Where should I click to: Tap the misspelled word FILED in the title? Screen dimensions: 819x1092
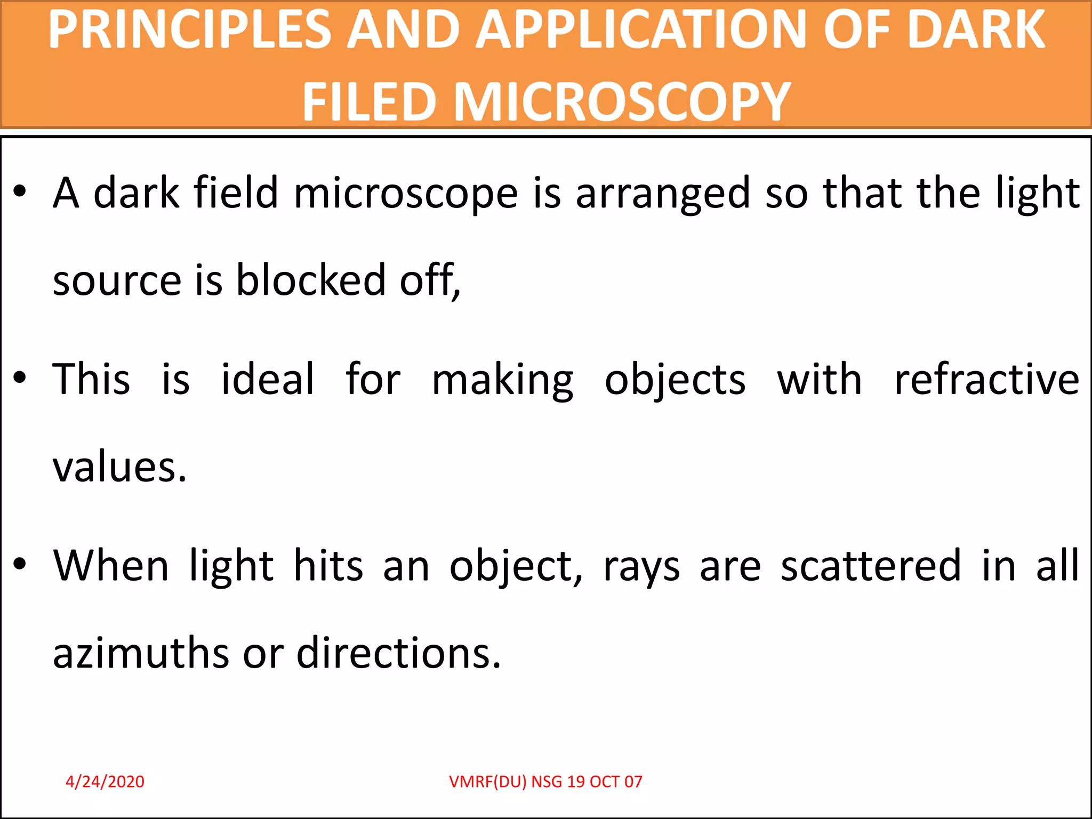369,101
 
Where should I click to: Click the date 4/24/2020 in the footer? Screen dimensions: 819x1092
105,782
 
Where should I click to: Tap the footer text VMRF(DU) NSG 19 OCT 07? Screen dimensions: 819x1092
545,782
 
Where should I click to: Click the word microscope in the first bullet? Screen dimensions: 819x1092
406,193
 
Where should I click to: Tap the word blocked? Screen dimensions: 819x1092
311,280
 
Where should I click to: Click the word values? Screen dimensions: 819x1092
119,467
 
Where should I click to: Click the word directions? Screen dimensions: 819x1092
398,653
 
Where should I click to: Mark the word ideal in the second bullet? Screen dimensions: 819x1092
268,379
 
